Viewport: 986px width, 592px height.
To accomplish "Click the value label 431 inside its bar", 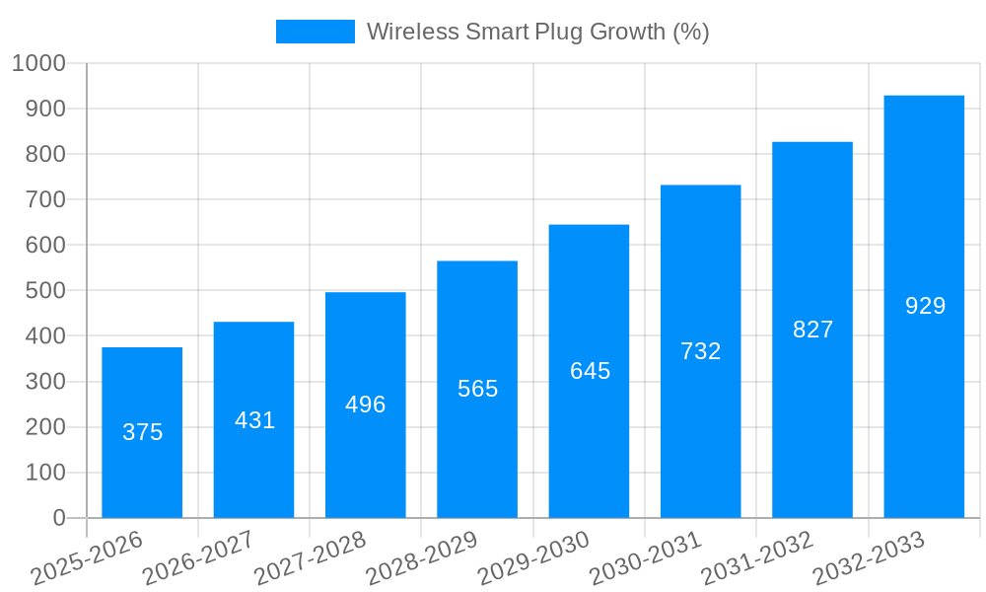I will pyautogui.click(x=254, y=420).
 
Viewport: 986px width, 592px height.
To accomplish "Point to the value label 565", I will pyautogui.click(x=477, y=389).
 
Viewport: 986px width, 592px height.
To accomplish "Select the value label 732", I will pyautogui.click(x=701, y=351).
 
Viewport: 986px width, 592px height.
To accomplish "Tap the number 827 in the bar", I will pyautogui.click(x=812, y=330).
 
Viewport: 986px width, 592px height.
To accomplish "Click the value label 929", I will pyautogui.click(x=925, y=306).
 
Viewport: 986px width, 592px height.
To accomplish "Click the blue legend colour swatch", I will pyautogui.click(x=315, y=32).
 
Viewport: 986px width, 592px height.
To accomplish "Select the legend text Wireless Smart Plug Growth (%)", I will pyautogui.click(x=537, y=32).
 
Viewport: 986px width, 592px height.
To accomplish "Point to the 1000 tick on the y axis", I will pyautogui.click(x=38, y=63).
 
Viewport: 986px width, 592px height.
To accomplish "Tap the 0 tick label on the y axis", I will pyautogui.click(x=58, y=518).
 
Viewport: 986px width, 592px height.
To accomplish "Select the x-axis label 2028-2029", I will pyautogui.click(x=422, y=558).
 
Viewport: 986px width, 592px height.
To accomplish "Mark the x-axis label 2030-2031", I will pyautogui.click(x=646, y=558).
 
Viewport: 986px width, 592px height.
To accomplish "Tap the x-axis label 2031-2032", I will pyautogui.click(x=757, y=558).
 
